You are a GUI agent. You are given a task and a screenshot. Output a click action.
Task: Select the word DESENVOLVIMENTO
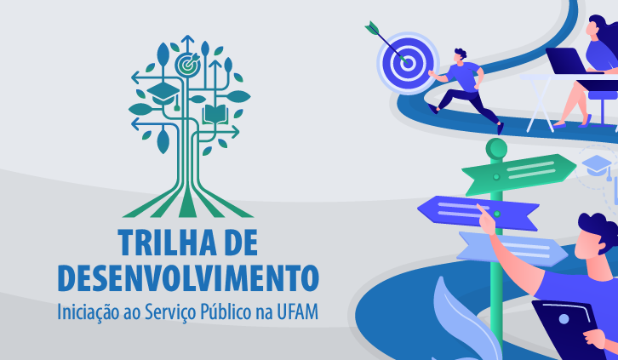coord(188,278)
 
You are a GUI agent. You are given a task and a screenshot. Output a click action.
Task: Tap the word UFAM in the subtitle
coord(298,312)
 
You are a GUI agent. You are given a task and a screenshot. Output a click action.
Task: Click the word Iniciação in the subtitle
coord(89,313)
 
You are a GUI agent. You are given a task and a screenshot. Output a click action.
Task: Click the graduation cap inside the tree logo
coord(163,93)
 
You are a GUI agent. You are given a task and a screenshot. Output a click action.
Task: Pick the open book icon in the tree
coord(215,114)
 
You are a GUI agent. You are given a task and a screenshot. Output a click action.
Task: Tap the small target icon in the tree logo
coord(187,66)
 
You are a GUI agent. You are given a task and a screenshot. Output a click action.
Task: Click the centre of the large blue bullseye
coord(408,63)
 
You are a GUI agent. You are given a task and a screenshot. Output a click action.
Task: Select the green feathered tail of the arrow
coord(372,27)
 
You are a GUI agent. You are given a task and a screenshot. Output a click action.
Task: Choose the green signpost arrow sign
coord(518,173)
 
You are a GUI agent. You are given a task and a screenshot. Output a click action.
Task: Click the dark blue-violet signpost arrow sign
coord(478,212)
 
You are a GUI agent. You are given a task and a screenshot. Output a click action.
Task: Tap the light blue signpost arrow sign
coord(512,249)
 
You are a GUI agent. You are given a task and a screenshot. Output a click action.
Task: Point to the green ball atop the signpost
coord(496,148)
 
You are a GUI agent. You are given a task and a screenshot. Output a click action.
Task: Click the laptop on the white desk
coord(567,61)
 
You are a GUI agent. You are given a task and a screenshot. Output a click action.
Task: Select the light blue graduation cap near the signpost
coord(597,165)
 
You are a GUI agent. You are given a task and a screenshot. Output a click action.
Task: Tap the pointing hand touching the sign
coord(486,219)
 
